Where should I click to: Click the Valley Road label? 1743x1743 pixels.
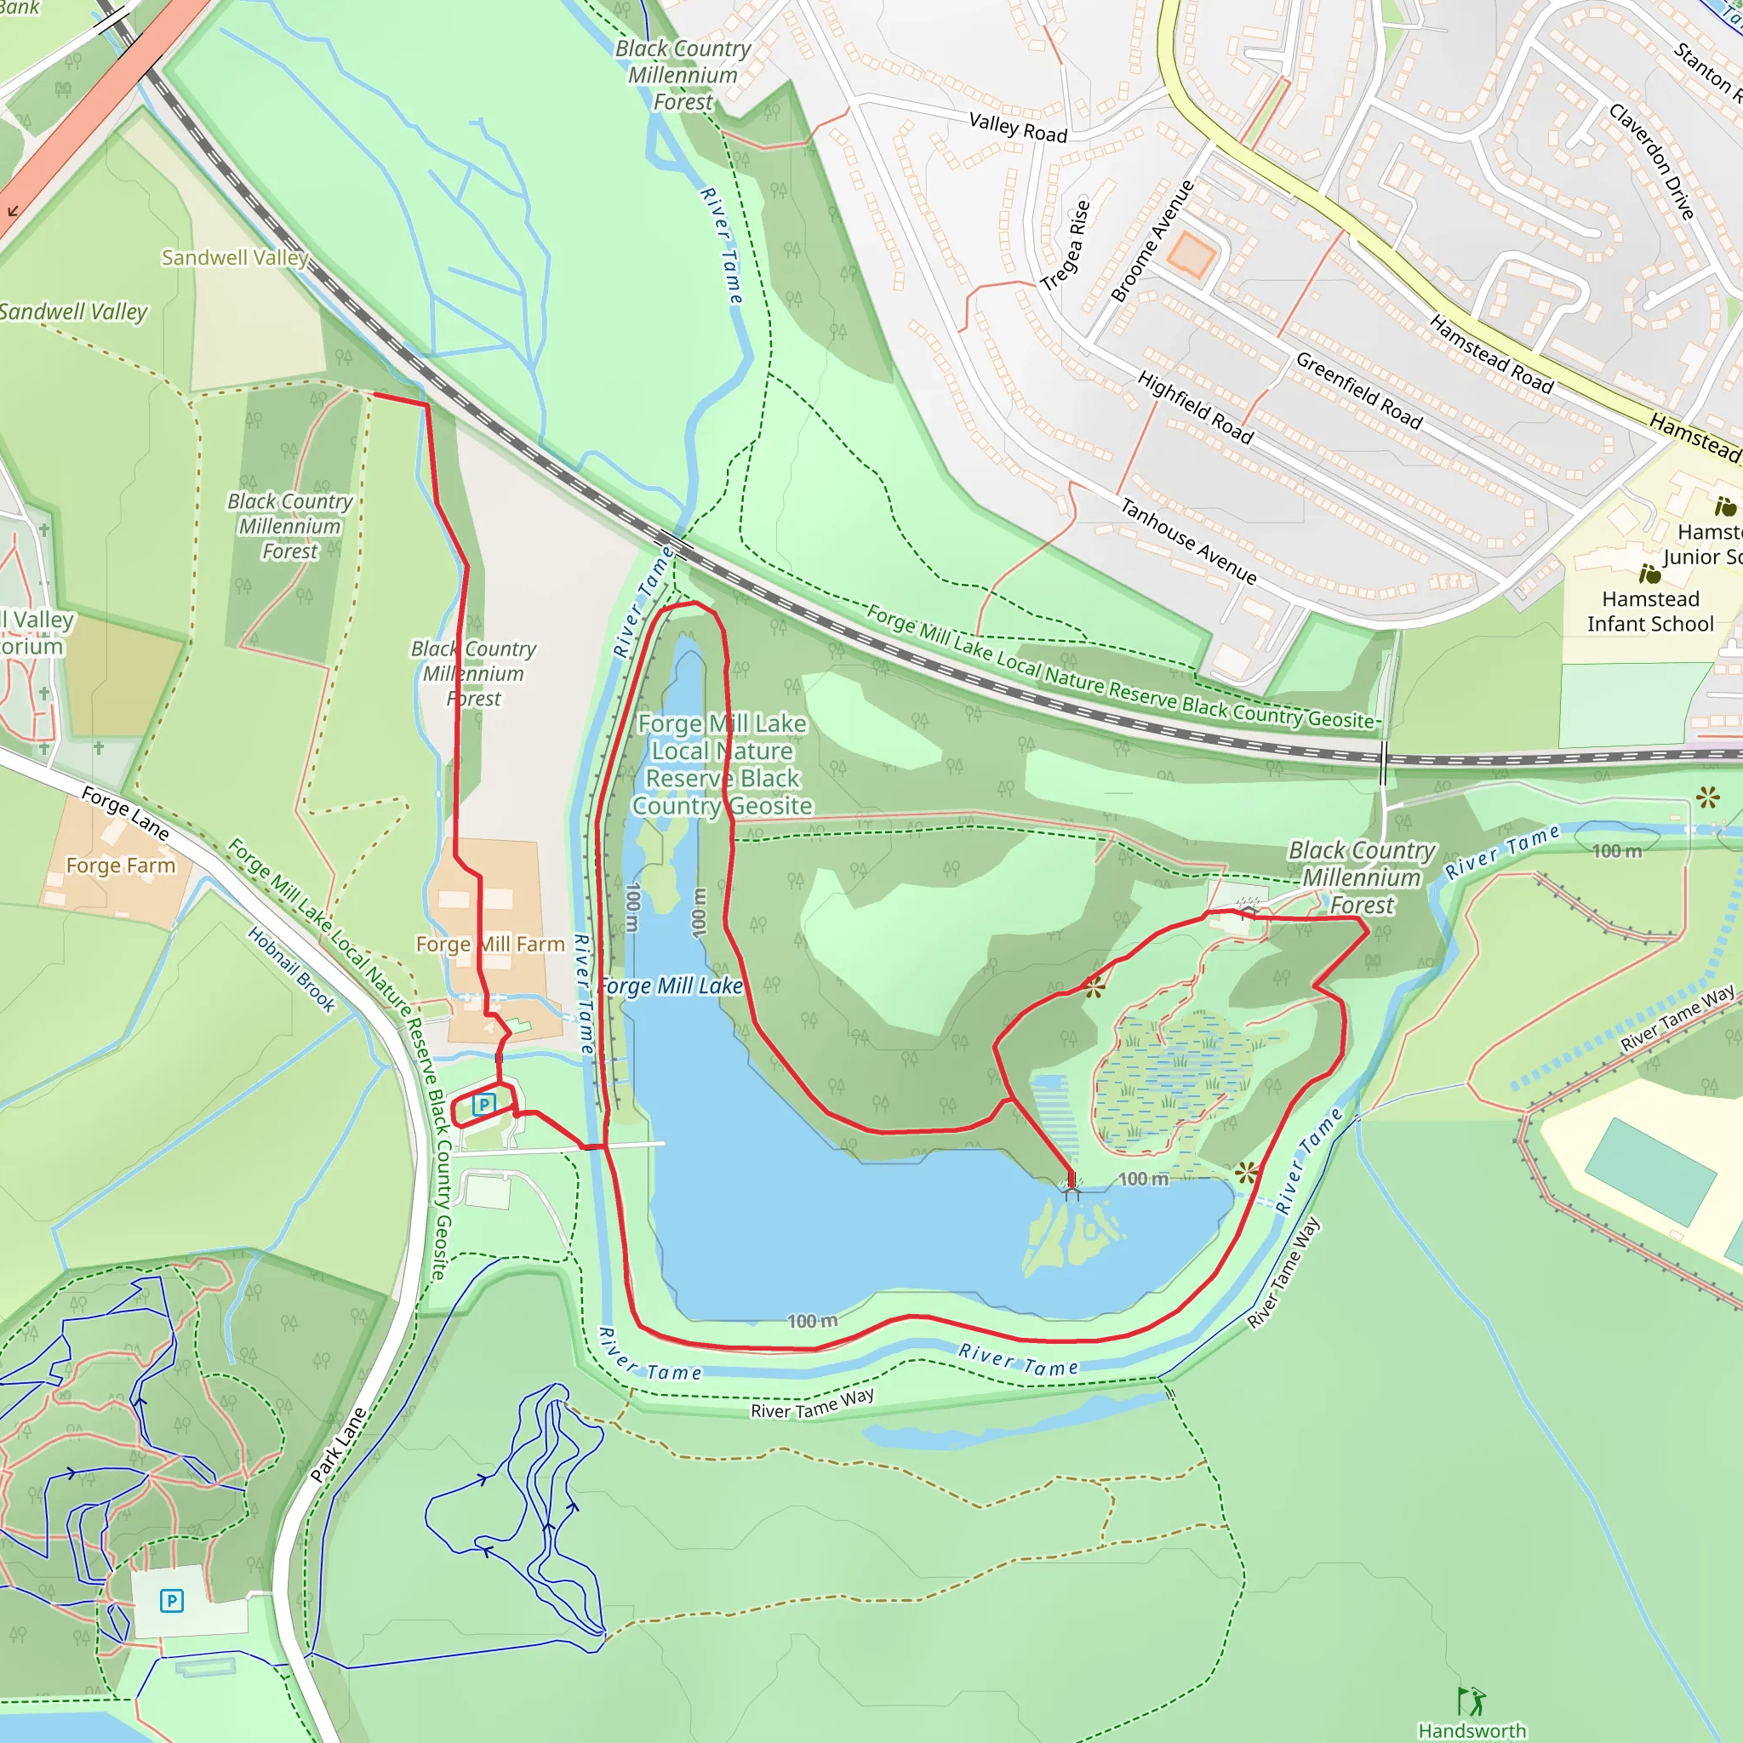coord(1018,127)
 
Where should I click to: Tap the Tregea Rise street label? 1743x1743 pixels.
coord(1066,244)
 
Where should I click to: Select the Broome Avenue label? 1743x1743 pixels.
coord(1152,241)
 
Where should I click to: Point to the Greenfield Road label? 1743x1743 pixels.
coord(1358,391)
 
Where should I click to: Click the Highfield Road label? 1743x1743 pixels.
coord(1196,407)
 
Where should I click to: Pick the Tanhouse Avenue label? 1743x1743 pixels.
coord(1188,540)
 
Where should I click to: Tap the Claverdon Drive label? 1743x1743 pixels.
coord(1652,162)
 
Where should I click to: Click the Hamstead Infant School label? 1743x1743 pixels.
coord(1650,612)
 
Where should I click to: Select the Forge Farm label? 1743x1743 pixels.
coord(121,866)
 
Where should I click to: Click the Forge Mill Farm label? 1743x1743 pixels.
coord(490,944)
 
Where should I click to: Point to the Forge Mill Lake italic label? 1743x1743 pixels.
coord(670,986)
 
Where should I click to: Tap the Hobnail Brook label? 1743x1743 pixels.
coord(291,970)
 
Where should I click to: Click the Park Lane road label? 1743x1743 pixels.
coord(339,1444)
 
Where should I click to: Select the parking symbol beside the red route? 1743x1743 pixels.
coord(484,1104)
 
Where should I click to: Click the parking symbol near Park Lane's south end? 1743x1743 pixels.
coord(171,1601)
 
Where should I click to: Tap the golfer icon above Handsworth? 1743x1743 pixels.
coord(1472,1700)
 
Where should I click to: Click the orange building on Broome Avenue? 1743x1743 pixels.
coord(1191,254)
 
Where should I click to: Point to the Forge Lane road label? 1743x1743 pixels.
coord(125,813)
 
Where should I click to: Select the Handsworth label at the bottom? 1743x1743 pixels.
coord(1472,1730)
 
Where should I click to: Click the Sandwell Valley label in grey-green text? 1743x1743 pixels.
coord(235,258)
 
